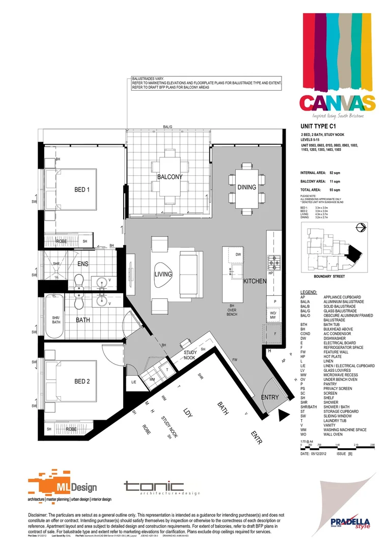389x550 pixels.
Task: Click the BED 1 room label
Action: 81,190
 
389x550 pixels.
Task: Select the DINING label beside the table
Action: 246,187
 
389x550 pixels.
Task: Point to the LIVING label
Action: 163,274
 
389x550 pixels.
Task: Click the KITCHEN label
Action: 255,281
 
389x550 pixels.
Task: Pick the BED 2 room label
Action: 81,381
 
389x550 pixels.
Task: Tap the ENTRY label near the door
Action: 269,397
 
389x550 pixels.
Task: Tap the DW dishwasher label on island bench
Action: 238,254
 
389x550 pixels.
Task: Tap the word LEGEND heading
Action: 309,293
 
